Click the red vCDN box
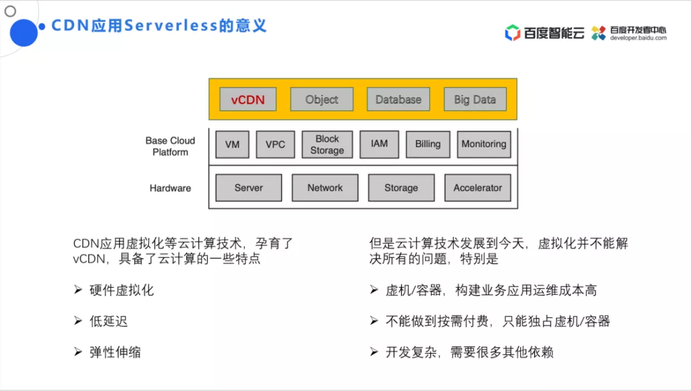[x=248, y=99]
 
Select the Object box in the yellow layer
[x=322, y=99]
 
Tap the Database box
[x=398, y=99]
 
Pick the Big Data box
[x=475, y=99]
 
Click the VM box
[x=232, y=144]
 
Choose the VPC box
[x=275, y=144]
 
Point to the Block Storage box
[x=327, y=144]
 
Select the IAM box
[x=379, y=144]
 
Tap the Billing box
[x=427, y=144]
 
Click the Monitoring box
[x=484, y=144]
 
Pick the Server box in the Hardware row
[x=249, y=188]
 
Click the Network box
[x=325, y=188]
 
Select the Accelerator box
[x=478, y=188]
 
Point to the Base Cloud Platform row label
[x=170, y=146]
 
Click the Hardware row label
[x=170, y=188]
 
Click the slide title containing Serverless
[x=159, y=26]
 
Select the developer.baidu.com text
[x=638, y=38]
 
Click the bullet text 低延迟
[x=109, y=321]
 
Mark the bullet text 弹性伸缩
[x=116, y=352]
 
